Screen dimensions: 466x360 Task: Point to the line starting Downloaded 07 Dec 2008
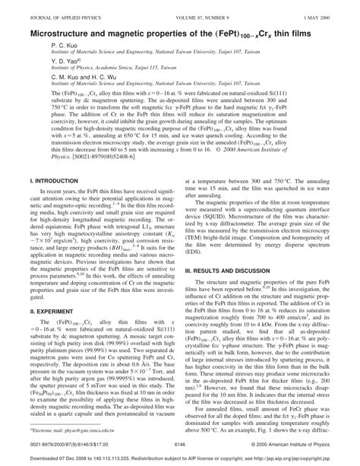180,458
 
